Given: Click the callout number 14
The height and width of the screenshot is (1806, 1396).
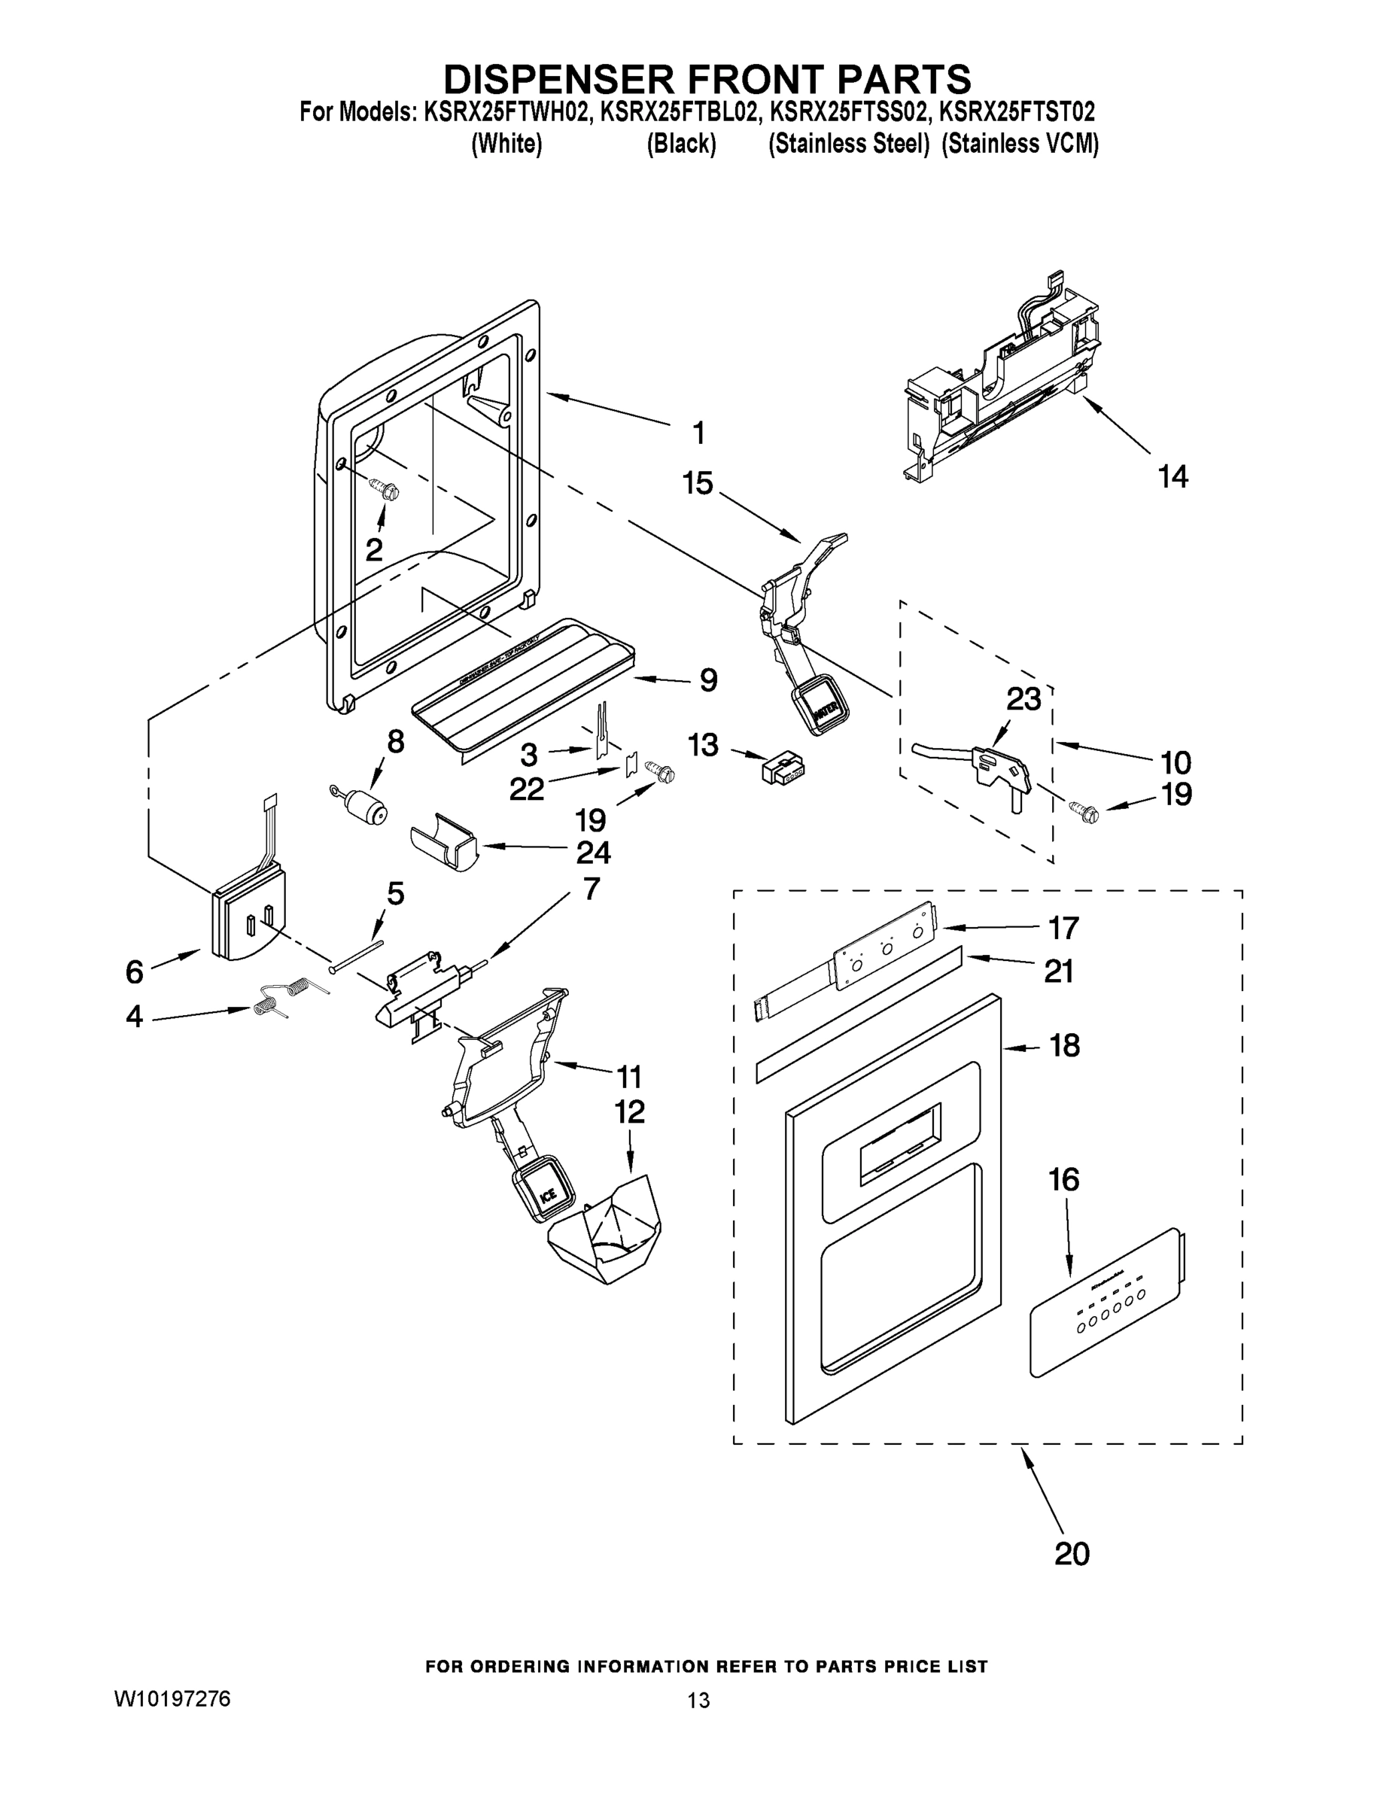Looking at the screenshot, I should pyautogui.click(x=1172, y=476).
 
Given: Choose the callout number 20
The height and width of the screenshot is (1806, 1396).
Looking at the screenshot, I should pyautogui.click(x=1072, y=1554).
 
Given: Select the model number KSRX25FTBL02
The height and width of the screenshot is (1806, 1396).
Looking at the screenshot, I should pyautogui.click(x=677, y=111).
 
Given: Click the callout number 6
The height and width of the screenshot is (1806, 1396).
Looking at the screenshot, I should pyautogui.click(x=135, y=971).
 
